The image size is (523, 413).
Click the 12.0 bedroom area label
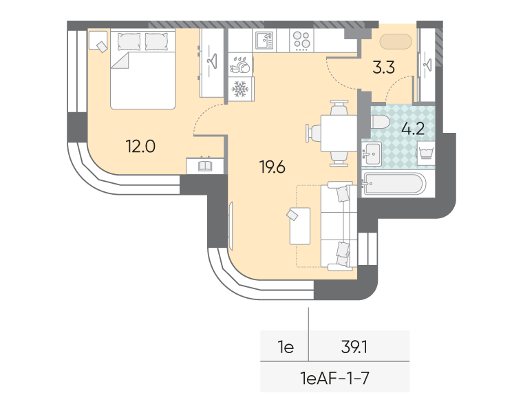[x=140, y=146]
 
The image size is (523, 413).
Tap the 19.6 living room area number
[x=273, y=167]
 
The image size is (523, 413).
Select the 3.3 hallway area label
[x=383, y=67]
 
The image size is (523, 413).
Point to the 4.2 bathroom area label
[x=413, y=129]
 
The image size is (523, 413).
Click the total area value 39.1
[x=354, y=348]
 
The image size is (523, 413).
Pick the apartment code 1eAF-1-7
[x=334, y=378]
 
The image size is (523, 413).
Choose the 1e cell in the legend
[x=286, y=348]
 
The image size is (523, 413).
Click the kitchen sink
[x=264, y=41]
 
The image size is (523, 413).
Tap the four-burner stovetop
[x=301, y=41]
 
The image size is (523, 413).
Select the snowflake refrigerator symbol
[x=239, y=88]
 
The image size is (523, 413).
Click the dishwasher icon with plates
[x=240, y=65]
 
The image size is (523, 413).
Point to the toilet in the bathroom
[x=380, y=122]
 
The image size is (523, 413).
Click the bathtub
[x=394, y=183]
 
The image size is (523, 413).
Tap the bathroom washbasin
[x=372, y=153]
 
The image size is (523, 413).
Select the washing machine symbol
[x=425, y=153]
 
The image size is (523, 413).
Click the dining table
[x=339, y=133]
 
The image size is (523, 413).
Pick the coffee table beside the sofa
[x=300, y=226]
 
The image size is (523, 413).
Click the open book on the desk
[x=205, y=166]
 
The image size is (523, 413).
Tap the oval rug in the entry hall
[x=396, y=42]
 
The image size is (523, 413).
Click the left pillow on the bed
[x=129, y=42]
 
